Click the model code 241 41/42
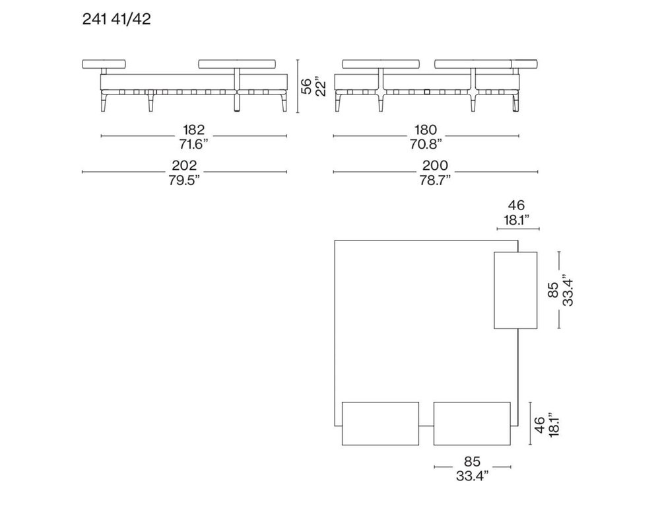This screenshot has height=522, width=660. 116,19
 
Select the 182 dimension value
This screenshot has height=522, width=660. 193,130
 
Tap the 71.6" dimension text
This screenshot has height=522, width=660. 193,144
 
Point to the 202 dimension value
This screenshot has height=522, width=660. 184,165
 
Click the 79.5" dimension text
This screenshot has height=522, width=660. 184,180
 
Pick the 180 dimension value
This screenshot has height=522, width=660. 426,130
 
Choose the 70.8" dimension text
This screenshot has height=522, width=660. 426,144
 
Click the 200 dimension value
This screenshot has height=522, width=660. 435,165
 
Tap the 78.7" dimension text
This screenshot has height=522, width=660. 435,180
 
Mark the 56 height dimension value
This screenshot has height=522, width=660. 308,86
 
